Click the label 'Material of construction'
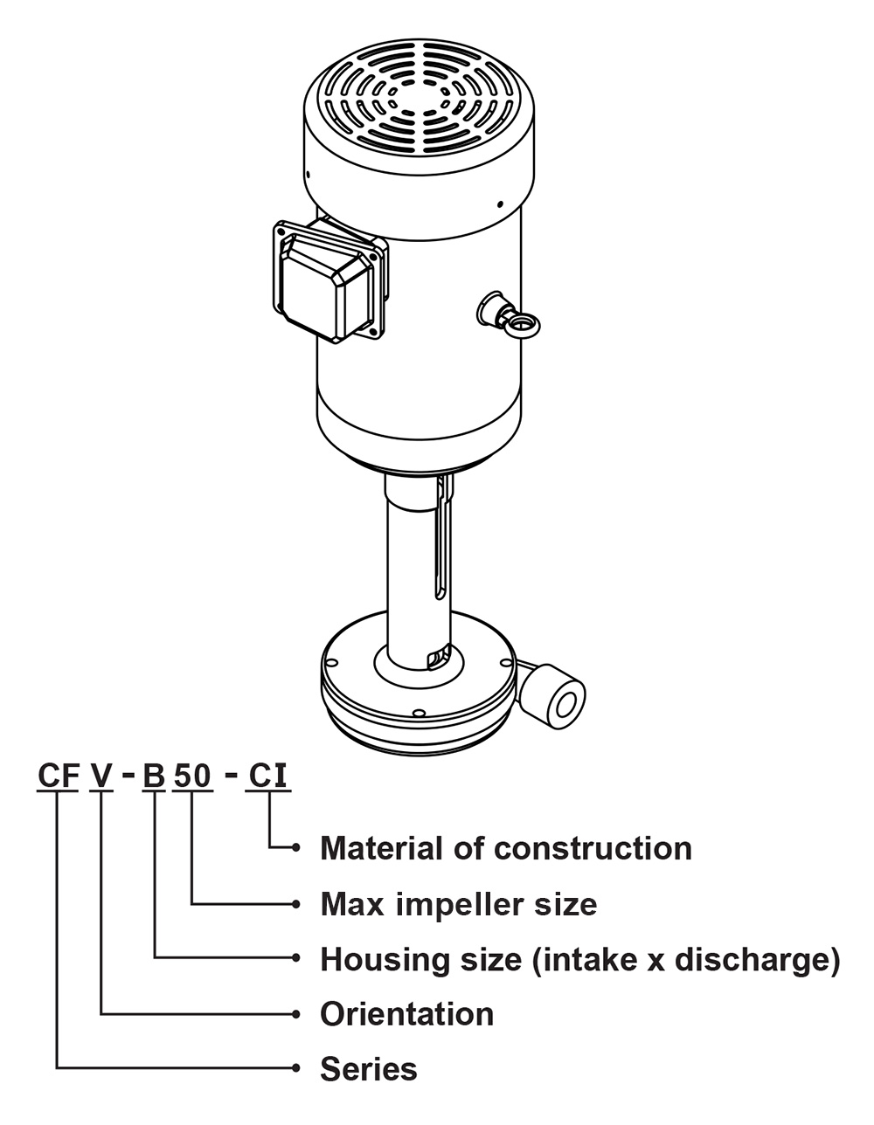(x=506, y=848)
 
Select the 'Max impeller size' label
(x=459, y=903)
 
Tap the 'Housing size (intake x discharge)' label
(x=579, y=959)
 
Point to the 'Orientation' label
(x=407, y=1014)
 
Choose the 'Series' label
(x=369, y=1069)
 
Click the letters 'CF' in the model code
(x=59, y=776)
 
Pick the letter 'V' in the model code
(x=102, y=776)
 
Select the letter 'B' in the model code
(x=154, y=776)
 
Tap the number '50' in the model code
(x=192, y=776)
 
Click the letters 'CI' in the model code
(x=268, y=776)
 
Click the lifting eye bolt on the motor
(x=520, y=323)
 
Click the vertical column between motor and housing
(x=417, y=568)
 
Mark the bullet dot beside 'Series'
(x=297, y=1068)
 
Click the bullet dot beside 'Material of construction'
(x=297, y=847)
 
